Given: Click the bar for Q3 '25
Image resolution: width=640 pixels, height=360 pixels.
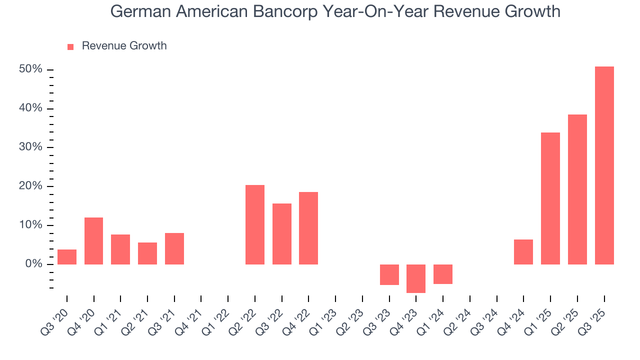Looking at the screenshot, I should [604, 165].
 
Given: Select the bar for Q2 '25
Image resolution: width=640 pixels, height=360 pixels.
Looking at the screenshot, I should [577, 189].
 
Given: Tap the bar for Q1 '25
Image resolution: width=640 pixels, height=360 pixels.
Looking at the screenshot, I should [550, 198].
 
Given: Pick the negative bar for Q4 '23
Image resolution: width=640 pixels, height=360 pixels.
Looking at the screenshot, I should [416, 278].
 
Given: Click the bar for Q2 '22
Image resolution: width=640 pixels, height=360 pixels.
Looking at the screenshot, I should [255, 224].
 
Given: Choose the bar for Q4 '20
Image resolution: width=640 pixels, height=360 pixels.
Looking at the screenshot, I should [94, 240].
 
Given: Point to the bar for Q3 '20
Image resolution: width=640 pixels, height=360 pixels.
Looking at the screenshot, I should [67, 256].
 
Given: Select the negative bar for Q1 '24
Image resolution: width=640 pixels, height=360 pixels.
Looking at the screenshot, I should [443, 274].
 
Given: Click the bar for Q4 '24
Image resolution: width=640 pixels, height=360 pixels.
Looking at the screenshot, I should [523, 251].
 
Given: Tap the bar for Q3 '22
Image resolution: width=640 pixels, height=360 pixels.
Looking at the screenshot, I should [282, 233].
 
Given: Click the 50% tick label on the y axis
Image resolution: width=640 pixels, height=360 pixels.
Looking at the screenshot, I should [30, 69].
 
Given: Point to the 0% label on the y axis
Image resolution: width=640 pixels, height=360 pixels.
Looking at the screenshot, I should [33, 264].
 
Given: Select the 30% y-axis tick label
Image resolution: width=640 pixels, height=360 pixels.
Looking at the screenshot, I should [30, 147].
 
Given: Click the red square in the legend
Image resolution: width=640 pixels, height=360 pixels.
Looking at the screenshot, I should [70, 46].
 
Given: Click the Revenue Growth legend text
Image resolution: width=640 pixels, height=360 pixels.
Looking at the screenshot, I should [124, 46].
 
